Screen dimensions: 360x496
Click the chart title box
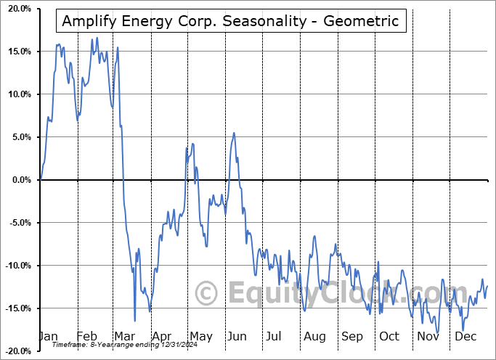230,21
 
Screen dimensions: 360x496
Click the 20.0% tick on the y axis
17,9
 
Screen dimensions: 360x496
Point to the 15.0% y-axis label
17,52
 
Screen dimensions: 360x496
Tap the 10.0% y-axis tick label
17,94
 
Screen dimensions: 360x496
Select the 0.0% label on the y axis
20,180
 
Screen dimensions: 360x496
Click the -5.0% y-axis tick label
18,223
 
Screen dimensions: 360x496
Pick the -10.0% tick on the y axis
17,266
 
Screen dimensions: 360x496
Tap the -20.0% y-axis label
17,351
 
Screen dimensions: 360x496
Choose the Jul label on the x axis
274,337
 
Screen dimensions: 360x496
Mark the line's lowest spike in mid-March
135,320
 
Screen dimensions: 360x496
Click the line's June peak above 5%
234,133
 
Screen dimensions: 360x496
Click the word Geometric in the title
362,21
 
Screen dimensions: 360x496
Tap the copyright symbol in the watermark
207,293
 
